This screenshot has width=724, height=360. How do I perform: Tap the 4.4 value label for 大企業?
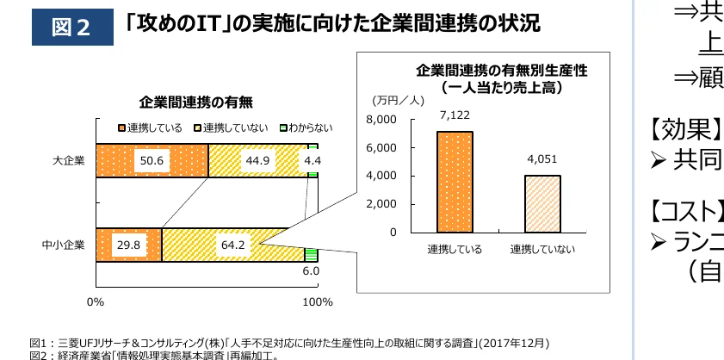pos(312,160)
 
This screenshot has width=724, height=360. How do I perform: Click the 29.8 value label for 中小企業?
pos(127,245)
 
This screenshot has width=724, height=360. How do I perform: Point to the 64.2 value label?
pos(233,245)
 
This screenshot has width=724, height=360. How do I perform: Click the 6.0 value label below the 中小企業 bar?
pos(311,271)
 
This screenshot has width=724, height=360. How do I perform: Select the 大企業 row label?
pos(68,160)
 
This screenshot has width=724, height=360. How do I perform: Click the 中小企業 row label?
pos(63,245)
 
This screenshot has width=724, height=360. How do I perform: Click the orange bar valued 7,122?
pos(455,182)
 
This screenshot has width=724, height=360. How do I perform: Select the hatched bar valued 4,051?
pos(542,203)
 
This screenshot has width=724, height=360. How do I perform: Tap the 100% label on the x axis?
pos(319,301)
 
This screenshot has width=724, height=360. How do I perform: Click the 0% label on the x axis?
pos(96,301)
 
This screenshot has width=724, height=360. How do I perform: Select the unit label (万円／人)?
pos(395,101)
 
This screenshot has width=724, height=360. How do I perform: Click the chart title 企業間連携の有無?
pos(195,102)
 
